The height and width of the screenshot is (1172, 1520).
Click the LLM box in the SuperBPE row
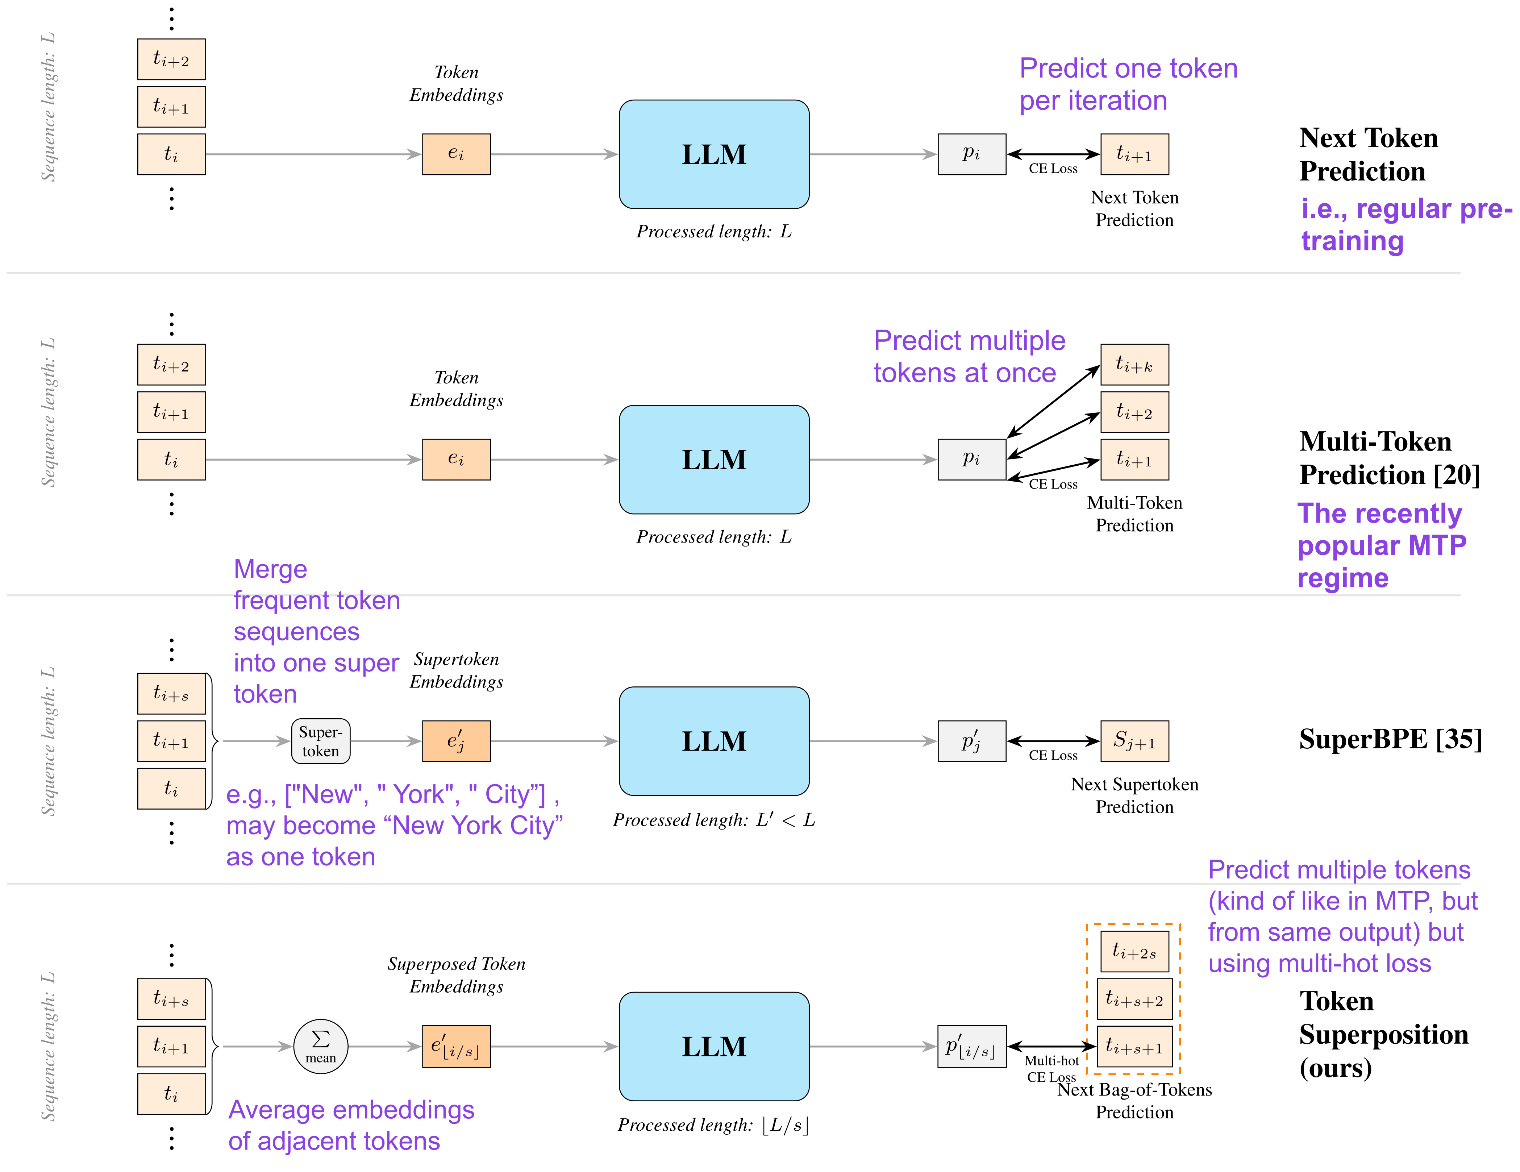point(714,741)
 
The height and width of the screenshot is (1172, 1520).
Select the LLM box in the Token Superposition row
point(714,1046)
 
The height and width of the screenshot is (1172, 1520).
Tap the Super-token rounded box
point(320,741)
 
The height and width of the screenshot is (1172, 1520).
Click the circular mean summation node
point(321,1046)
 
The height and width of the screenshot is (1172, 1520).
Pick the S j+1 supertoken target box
point(1134,741)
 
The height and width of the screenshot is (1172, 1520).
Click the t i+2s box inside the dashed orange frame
point(1134,951)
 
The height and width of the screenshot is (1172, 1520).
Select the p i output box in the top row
point(971,154)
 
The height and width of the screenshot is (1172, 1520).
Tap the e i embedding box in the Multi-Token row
point(456,459)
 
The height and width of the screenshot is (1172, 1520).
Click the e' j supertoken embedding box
point(456,741)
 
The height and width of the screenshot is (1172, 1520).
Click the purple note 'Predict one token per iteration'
point(1128,84)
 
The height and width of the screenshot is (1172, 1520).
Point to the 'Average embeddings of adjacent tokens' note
point(351,1125)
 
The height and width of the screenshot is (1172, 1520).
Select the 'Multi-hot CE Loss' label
point(1051,1068)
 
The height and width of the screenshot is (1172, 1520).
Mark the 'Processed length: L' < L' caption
point(714,820)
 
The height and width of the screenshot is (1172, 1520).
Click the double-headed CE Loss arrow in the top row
point(1053,154)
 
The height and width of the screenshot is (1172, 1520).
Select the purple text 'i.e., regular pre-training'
point(1406,224)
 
